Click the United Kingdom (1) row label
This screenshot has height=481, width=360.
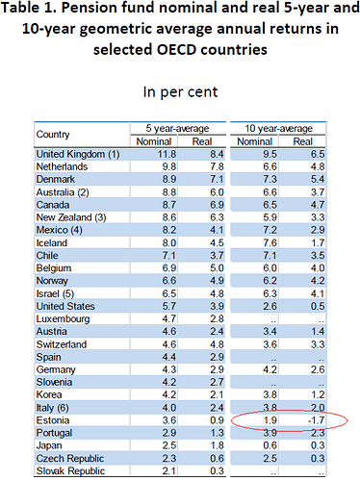coord(78,154)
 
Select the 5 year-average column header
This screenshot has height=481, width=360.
coord(177,129)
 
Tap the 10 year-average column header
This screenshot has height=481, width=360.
coord(278,129)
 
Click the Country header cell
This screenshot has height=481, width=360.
coord(53,135)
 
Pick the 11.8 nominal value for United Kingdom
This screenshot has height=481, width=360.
coord(167,154)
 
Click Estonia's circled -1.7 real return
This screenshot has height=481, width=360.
coord(316,420)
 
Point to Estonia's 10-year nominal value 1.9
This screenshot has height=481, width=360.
coord(270,420)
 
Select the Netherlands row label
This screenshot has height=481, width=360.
coord(62,166)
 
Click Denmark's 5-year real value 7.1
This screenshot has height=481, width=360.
coord(217,179)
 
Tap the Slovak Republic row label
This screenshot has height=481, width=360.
coord(70,470)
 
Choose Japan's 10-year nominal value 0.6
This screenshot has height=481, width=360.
coord(270,445)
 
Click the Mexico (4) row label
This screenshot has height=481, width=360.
coord(60,230)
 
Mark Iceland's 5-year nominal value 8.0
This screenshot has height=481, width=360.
coord(169,242)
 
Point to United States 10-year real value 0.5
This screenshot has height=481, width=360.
coord(318,306)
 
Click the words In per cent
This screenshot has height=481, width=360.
coord(180,92)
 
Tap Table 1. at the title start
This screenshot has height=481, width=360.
coord(29,8)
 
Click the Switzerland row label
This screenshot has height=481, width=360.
coord(62,344)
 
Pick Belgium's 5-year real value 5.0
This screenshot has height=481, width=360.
coord(217,268)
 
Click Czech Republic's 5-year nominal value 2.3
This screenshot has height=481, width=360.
coord(169,458)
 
